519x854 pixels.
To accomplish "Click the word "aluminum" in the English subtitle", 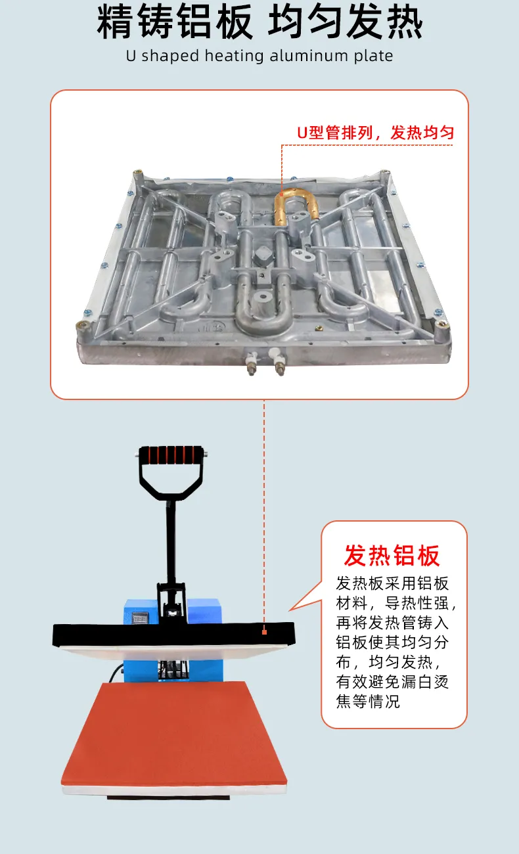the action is [x=309, y=56].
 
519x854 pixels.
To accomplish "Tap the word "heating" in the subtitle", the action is [x=234, y=56].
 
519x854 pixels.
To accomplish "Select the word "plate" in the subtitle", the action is [x=373, y=56].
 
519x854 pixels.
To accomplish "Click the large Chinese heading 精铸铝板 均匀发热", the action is [x=259, y=22].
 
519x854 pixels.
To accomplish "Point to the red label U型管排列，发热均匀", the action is [x=376, y=133].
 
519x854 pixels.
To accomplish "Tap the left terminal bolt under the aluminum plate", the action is [x=252, y=363].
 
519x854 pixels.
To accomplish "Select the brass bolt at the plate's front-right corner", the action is [x=442, y=325].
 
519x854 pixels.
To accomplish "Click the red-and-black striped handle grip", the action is [x=170, y=455].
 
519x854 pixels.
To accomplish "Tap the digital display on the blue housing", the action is [x=140, y=618].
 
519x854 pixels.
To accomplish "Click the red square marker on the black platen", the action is [x=264, y=632].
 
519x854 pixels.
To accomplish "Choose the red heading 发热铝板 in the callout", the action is [x=392, y=555].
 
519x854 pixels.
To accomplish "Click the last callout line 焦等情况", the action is [x=368, y=702].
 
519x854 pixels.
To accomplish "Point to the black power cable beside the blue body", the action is [x=116, y=673].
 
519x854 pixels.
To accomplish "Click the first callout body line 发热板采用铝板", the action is [x=392, y=583].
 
